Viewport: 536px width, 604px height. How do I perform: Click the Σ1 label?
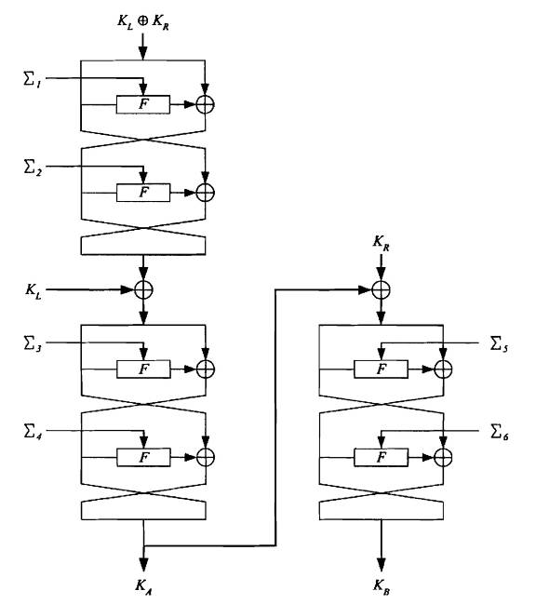tap(33, 80)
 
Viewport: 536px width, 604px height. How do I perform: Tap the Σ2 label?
tap(33, 168)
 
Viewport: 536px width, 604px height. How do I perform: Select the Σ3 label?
tap(33, 343)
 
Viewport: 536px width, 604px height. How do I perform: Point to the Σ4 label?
tap(33, 432)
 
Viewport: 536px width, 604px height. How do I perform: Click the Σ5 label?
tap(499, 344)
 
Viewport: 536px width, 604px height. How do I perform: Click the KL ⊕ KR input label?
tap(143, 21)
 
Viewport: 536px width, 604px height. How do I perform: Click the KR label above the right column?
tap(381, 243)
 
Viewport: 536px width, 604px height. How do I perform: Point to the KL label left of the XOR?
tap(33, 289)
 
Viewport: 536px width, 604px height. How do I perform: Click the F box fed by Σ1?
tap(143, 104)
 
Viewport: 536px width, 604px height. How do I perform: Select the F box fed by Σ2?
tap(143, 193)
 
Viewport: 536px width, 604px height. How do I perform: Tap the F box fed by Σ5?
tap(381, 369)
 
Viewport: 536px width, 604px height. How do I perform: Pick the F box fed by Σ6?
tap(381, 457)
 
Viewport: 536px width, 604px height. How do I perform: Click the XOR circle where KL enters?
tap(143, 290)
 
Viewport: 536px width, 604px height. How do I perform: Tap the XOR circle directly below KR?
tap(381, 290)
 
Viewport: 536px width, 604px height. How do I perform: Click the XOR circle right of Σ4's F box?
tap(206, 457)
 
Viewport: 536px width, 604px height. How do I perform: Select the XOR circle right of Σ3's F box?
tap(206, 369)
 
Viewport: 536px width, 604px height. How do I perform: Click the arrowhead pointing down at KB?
tap(382, 565)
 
